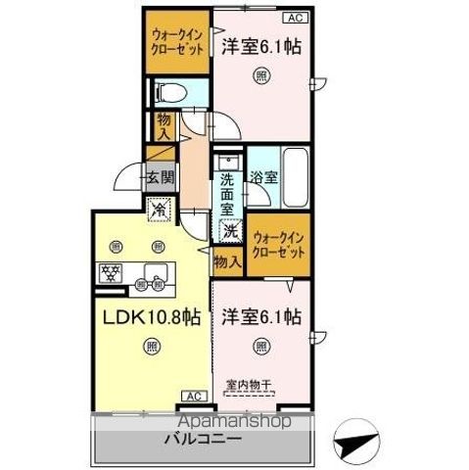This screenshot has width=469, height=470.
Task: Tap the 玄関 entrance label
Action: (x=162, y=178)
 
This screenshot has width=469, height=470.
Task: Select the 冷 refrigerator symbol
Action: (x=160, y=208)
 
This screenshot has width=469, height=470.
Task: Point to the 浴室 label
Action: (x=262, y=178)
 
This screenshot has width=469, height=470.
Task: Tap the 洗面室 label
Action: (x=227, y=193)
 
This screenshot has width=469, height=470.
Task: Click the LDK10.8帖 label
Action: (x=149, y=316)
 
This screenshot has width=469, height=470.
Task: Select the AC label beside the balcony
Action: (x=191, y=398)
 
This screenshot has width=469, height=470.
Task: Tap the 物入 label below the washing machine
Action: (x=226, y=261)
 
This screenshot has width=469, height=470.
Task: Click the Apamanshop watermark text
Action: (x=190, y=420)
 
